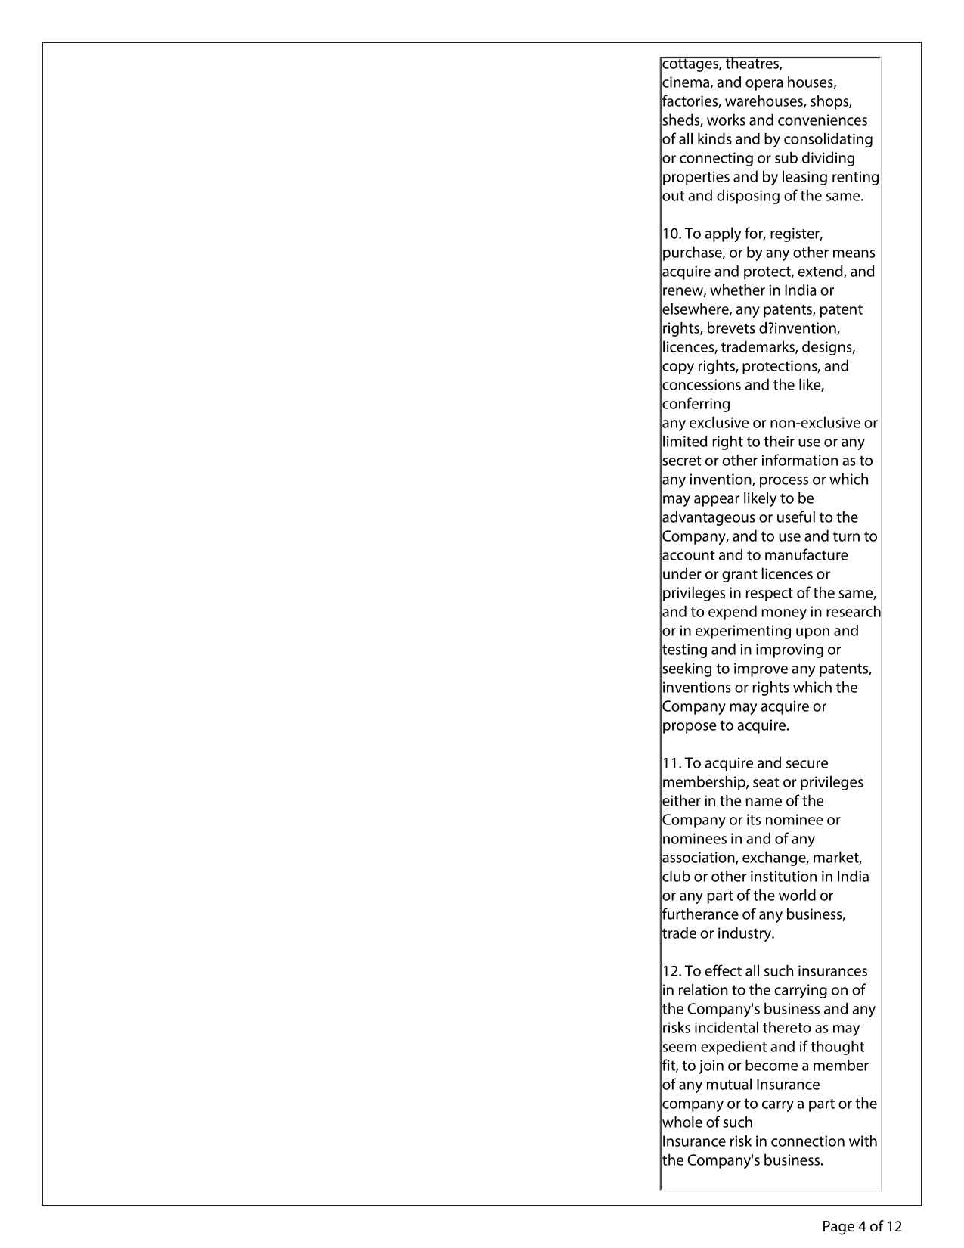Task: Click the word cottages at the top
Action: pyautogui.click(x=690, y=64)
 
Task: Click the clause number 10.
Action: pyautogui.click(x=671, y=234)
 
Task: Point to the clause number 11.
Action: pyautogui.click(x=671, y=763)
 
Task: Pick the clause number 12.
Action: pyautogui.click(x=671, y=971)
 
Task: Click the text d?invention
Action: pyautogui.click(x=800, y=328)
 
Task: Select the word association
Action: pyautogui.click(x=699, y=858)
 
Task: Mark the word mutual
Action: pyautogui.click(x=728, y=1085)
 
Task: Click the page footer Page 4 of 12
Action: pyautogui.click(x=862, y=1226)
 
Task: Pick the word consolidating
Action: pyautogui.click(x=828, y=139)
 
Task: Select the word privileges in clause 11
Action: pyautogui.click(x=831, y=782)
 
